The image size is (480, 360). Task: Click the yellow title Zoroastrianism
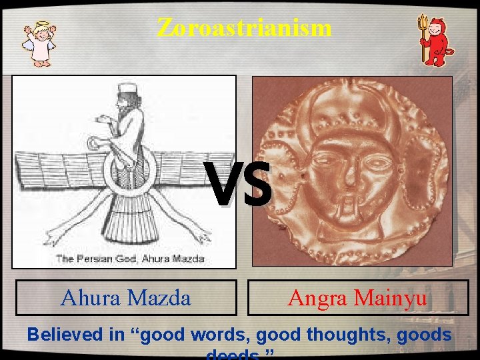[244, 27]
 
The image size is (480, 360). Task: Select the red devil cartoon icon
[437, 41]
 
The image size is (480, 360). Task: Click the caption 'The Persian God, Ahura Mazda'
[130, 259]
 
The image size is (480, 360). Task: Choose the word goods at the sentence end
[424, 335]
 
